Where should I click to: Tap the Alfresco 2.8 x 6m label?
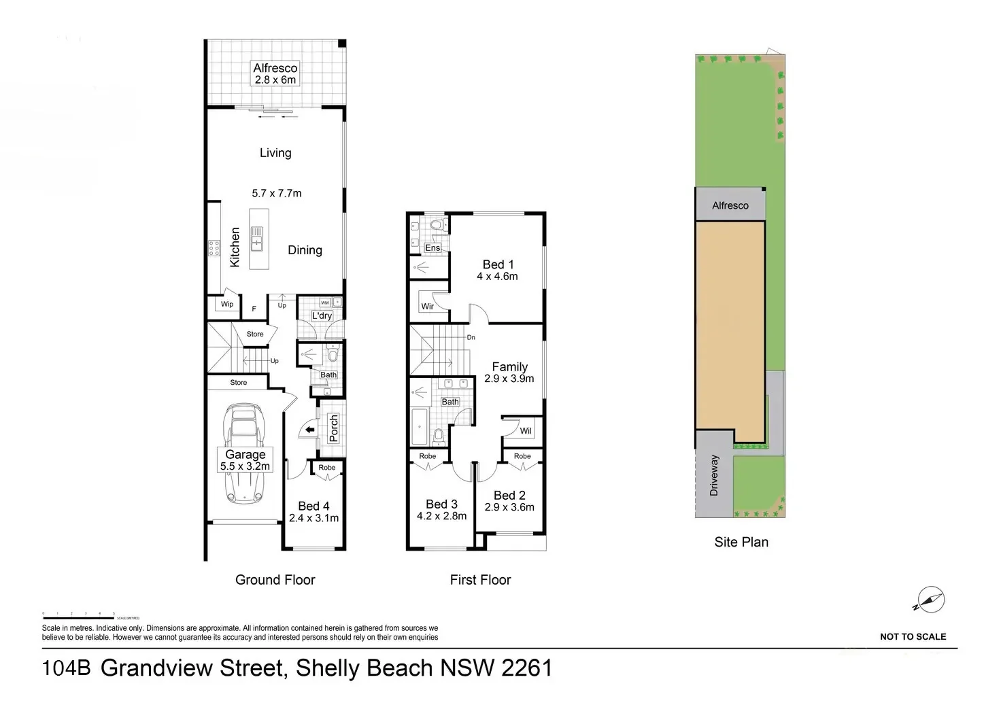tap(275, 73)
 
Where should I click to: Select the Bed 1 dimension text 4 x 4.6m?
tap(497, 277)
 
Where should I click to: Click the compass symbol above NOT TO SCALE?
tap(930, 600)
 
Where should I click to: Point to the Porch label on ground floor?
tap(333, 429)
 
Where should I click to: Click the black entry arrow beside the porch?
tap(309, 430)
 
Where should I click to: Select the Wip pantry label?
tap(227, 305)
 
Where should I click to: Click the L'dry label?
tap(322, 316)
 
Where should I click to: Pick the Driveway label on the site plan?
tap(713, 475)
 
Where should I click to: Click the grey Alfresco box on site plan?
tap(730, 205)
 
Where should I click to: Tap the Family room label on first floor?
tap(509, 366)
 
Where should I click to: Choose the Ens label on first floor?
tap(432, 248)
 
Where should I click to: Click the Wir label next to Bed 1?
tap(427, 307)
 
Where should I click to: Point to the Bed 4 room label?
tap(313, 506)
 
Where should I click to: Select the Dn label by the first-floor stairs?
tap(471, 337)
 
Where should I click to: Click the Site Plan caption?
tap(741, 542)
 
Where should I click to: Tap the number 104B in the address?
tap(66, 668)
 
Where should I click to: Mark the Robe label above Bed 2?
tap(522, 456)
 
